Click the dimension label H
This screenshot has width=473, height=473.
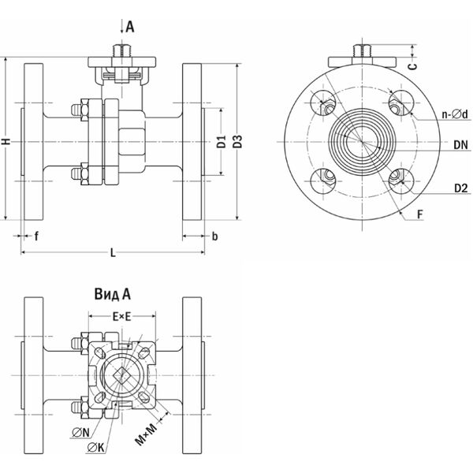point(6,141)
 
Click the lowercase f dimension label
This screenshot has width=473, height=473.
point(36,235)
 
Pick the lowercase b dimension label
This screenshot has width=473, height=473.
point(215,235)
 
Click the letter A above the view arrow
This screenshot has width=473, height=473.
point(130,27)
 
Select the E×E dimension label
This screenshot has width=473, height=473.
point(121,316)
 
